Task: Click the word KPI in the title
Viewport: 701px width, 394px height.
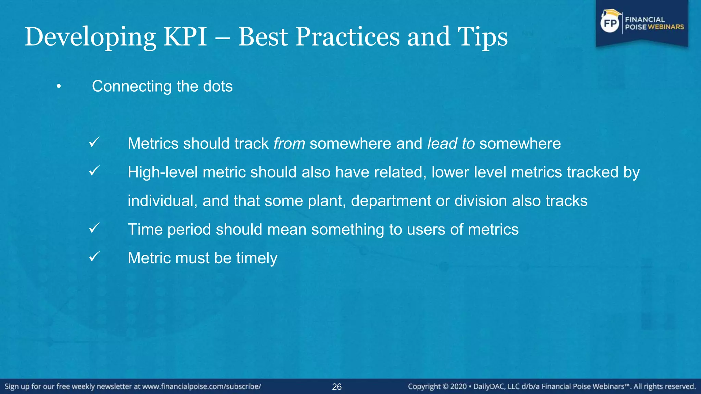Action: [x=185, y=37]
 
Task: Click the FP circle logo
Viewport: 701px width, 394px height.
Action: [x=610, y=23]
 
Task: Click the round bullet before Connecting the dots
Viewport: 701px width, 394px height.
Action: [x=59, y=87]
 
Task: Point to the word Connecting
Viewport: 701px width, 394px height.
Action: [x=132, y=86]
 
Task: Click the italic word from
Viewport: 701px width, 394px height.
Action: [x=289, y=143]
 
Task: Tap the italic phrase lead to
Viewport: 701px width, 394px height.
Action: [x=451, y=143]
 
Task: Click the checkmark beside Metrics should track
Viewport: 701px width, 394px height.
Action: [x=94, y=142]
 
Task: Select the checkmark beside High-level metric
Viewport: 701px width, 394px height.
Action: [x=94, y=171]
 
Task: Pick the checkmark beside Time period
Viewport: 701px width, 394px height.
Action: [x=94, y=228]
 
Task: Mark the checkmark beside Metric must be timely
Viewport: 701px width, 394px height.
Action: [x=94, y=257]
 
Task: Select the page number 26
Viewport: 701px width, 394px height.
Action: [x=337, y=387]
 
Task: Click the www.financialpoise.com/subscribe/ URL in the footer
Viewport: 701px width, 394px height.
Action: [x=202, y=386]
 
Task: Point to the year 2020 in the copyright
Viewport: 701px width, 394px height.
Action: [x=458, y=386]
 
